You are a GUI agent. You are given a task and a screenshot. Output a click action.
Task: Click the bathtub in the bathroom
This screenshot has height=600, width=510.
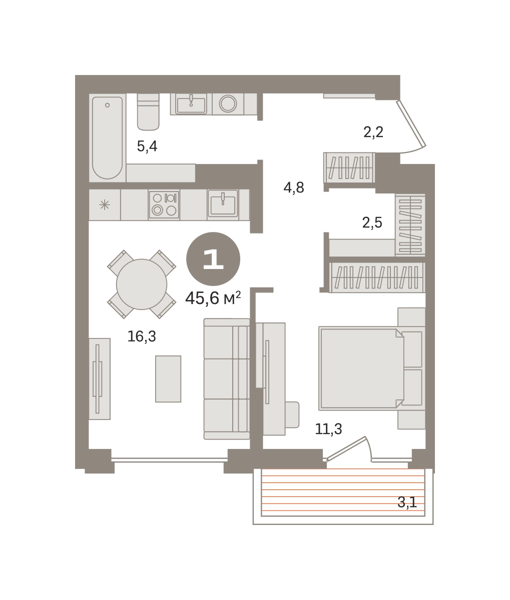coord(107,138)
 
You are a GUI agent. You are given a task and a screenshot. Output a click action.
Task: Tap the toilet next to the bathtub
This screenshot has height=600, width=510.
coord(148,112)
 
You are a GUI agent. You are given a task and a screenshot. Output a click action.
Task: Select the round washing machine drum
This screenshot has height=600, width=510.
coord(228,103)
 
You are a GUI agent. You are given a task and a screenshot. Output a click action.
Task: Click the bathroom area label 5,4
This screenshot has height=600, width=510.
coord(147,146)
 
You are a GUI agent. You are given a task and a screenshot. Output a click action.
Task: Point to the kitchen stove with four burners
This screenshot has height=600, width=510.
coord(164,204)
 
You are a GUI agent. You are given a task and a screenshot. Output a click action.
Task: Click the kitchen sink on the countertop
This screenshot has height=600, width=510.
coord(223,204)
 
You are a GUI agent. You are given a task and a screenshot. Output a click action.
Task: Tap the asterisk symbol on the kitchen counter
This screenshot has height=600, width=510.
coord(105,205)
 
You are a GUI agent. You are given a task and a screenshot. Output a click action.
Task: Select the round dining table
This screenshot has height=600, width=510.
coord(142,284)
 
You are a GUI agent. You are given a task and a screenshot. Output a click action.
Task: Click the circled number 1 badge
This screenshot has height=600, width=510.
coord(213,259)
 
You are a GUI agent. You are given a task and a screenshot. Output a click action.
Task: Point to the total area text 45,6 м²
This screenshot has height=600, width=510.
coord(213,298)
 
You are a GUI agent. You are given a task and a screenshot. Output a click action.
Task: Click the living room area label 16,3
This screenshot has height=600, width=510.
coord(142,336)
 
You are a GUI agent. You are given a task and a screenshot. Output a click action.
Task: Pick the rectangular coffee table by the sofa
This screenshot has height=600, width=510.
coord(168,379)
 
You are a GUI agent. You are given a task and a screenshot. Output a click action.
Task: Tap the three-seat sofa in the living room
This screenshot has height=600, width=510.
coord(227,379)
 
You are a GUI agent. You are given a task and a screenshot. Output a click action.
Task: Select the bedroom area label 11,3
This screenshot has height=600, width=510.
coord(328,429)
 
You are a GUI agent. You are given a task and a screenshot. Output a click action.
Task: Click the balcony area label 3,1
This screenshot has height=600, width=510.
coord(407,502)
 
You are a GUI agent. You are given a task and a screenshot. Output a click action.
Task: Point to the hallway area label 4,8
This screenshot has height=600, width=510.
coord(294,187)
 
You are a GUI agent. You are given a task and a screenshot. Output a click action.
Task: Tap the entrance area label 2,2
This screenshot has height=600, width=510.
coord(373,132)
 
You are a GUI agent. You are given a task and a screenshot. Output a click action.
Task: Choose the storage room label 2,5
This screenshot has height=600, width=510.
coord(372,223)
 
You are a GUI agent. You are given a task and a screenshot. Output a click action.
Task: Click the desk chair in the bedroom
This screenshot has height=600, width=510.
coord(292,415)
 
